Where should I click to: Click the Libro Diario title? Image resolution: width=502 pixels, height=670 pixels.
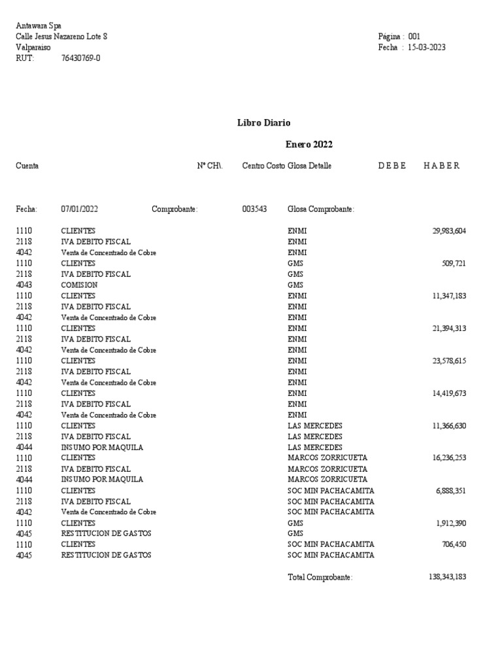tap(264, 122)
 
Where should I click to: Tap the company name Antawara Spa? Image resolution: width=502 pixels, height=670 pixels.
tap(39, 26)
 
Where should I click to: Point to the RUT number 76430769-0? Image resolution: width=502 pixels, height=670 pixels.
tap(80, 58)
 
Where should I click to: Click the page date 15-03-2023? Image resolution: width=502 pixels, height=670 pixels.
tap(427, 47)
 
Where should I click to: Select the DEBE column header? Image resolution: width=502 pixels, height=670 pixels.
tap(392, 166)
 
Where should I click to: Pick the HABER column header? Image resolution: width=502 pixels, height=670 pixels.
tap(437, 166)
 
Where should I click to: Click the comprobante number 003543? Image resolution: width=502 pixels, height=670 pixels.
tap(254, 209)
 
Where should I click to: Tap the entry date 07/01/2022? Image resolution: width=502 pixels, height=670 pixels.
tap(80, 209)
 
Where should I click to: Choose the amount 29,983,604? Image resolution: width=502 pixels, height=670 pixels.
tap(449, 231)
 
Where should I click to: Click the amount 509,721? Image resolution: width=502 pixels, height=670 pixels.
tap(454, 264)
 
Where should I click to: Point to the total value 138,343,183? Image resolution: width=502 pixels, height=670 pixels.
tap(444, 577)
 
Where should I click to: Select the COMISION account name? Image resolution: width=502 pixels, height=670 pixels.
tap(79, 285)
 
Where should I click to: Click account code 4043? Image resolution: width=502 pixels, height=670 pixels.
tap(24, 285)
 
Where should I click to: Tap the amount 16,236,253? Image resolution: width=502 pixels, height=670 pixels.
tap(449, 458)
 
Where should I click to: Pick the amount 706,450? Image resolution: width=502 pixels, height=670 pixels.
tap(454, 544)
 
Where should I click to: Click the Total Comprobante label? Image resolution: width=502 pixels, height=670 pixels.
tap(320, 577)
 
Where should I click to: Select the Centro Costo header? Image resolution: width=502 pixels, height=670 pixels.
tap(263, 166)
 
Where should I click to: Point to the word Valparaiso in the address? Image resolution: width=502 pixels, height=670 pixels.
tap(33, 47)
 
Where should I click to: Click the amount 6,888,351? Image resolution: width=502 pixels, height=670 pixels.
tap(451, 501)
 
